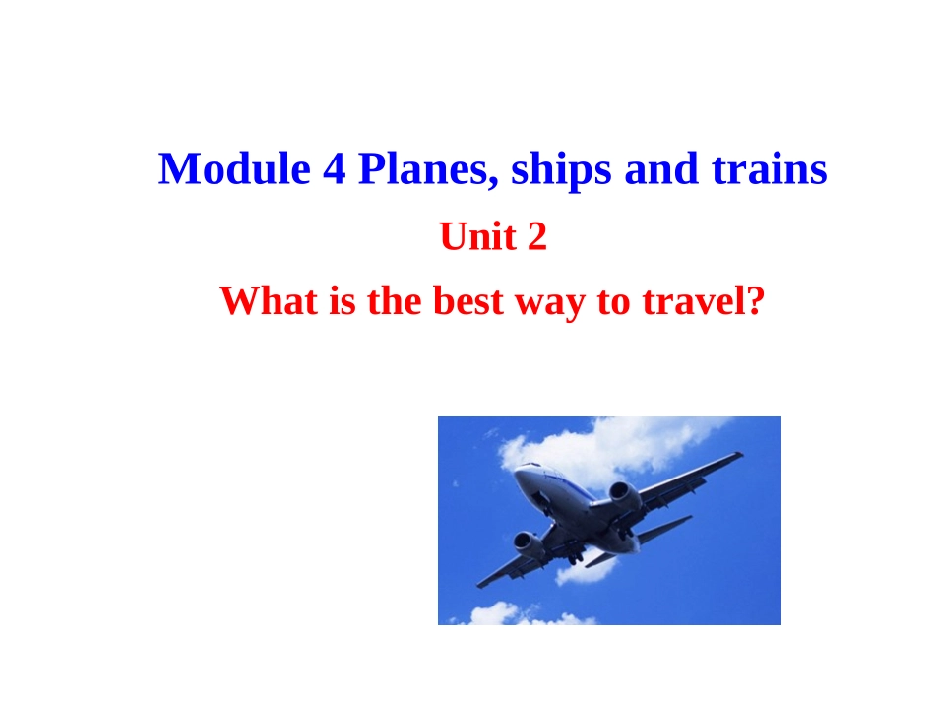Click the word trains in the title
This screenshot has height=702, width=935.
(x=769, y=169)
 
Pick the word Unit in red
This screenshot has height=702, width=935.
(x=470, y=236)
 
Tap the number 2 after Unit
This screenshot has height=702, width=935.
(x=536, y=236)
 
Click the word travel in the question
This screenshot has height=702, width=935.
(x=688, y=300)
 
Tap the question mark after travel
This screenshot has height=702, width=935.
(x=755, y=300)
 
